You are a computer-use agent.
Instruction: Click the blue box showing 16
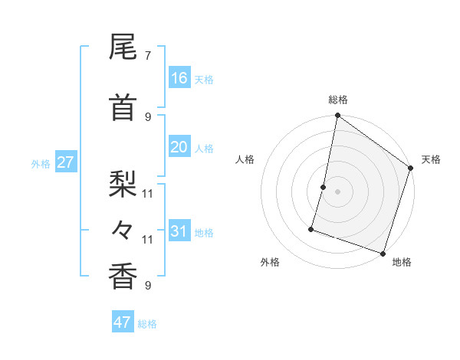click(x=179, y=77)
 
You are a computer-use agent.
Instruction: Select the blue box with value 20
click(x=179, y=147)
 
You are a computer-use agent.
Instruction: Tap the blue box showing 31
click(x=179, y=231)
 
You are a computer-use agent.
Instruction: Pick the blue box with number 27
click(x=65, y=162)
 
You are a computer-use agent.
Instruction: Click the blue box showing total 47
click(x=123, y=322)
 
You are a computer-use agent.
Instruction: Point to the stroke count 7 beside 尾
click(x=148, y=55)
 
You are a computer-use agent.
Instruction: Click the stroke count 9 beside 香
click(x=148, y=286)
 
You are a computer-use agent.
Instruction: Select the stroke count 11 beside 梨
click(x=148, y=192)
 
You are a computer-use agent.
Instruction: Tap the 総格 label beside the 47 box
click(x=147, y=324)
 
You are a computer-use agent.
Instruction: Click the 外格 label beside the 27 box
click(x=41, y=163)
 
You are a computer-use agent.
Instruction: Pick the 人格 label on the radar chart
click(x=245, y=159)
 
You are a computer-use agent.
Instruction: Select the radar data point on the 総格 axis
click(x=337, y=116)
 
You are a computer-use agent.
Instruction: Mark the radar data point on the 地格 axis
click(x=383, y=253)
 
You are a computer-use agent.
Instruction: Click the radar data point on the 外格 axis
click(x=311, y=228)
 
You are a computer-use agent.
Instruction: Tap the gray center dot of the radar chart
click(x=337, y=191)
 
